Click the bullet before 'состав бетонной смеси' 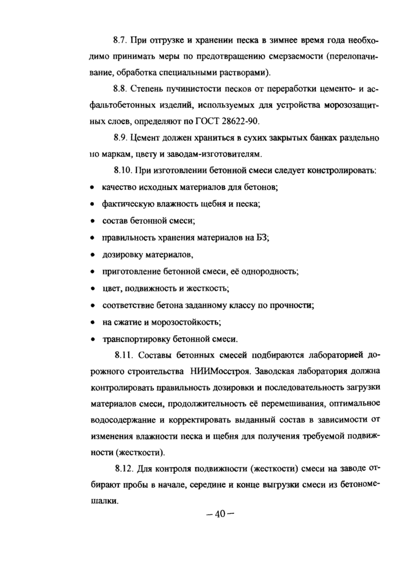coord(93,221)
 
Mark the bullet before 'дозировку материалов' coord(93,255)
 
